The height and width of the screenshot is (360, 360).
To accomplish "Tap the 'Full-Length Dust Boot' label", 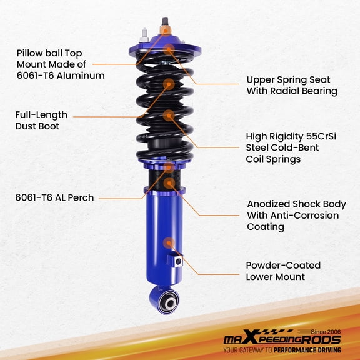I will pos(41,120).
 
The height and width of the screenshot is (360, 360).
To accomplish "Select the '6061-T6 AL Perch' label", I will pos(55,197).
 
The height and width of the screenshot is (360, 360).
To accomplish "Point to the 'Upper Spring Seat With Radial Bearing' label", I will pos(291,85).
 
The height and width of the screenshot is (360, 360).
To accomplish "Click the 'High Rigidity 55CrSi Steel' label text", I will pos(291,147).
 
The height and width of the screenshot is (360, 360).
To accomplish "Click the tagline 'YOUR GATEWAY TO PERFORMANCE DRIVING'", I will pos(283,352).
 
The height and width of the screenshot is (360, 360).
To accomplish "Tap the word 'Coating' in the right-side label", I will pos(265,227).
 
